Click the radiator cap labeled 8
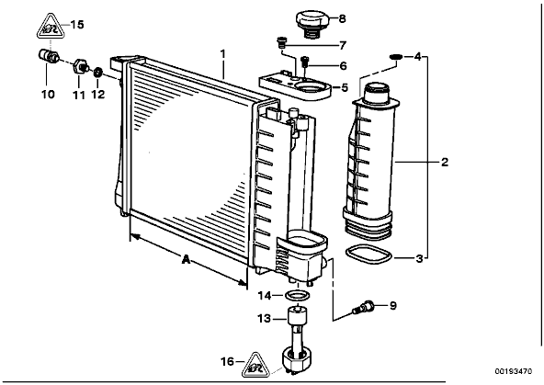click(312, 24)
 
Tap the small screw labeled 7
click(281, 42)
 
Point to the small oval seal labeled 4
click(395, 56)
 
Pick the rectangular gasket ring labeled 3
click(368, 255)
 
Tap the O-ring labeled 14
click(297, 296)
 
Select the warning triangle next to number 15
click(51, 27)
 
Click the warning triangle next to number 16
click(256, 366)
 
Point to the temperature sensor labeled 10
click(48, 57)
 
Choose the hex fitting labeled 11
click(81, 66)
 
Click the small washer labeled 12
click(98, 73)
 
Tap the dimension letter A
click(186, 259)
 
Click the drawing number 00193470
click(514, 371)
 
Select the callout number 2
click(445, 162)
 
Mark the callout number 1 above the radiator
click(222, 54)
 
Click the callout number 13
click(264, 318)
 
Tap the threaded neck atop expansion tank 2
click(376, 92)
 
